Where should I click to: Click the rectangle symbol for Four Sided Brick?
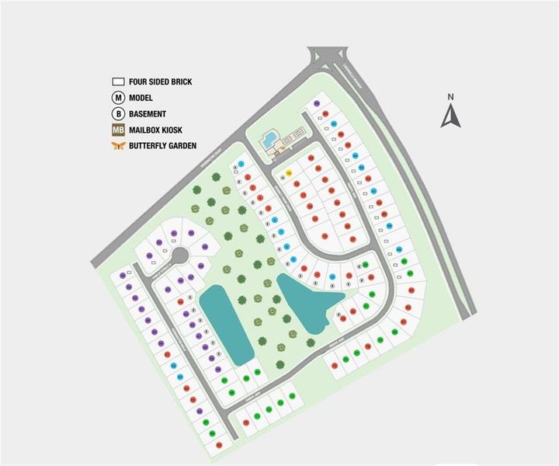click(x=119, y=81)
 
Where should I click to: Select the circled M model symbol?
click(x=119, y=97)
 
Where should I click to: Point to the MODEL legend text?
click(x=141, y=97)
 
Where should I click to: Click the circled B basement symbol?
click(x=119, y=113)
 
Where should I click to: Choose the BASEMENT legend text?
click(x=148, y=113)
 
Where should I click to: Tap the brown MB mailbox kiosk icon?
click(x=119, y=129)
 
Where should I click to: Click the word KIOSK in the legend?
click(x=174, y=129)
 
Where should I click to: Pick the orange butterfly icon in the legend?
click(x=119, y=145)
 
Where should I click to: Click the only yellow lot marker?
click(x=289, y=172)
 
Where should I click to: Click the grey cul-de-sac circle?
click(x=179, y=256)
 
